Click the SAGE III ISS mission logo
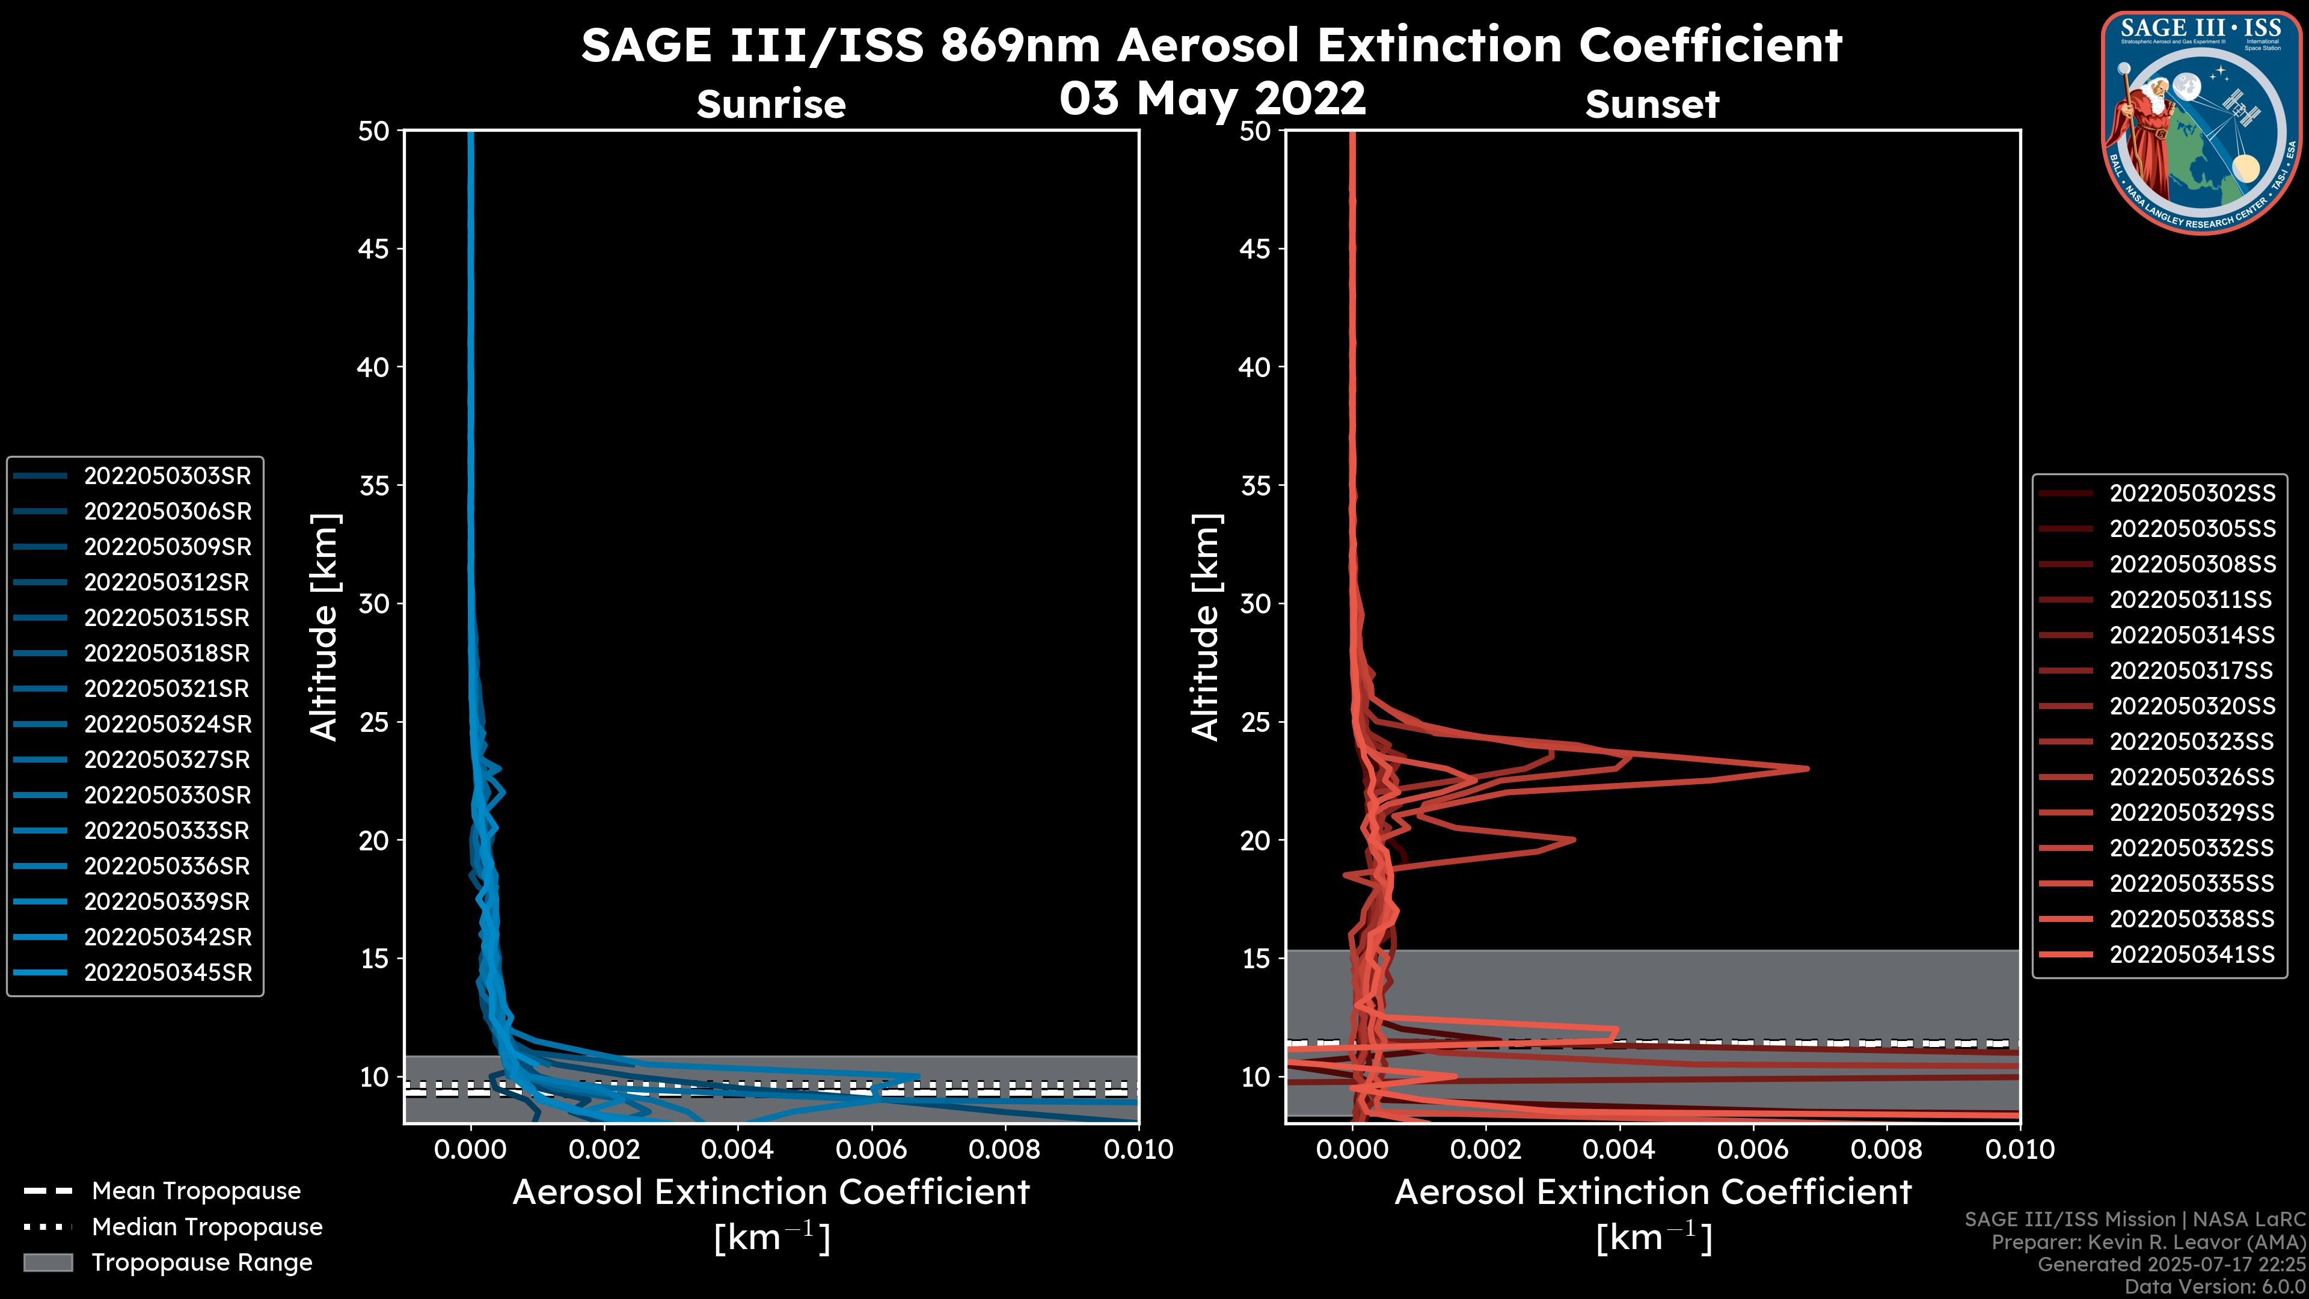(x=2201, y=122)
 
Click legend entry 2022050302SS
(x=2192, y=494)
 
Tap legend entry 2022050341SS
(x=2192, y=955)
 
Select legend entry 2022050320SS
(x=2192, y=707)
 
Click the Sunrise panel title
(x=771, y=105)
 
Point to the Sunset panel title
(x=1652, y=105)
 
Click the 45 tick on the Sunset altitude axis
(x=1256, y=249)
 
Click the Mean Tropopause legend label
(x=196, y=1191)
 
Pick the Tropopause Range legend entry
(x=201, y=1263)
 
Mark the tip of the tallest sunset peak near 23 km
(x=1807, y=769)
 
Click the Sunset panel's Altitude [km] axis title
(x=1206, y=627)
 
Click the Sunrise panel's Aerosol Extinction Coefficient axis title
(x=771, y=1193)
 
